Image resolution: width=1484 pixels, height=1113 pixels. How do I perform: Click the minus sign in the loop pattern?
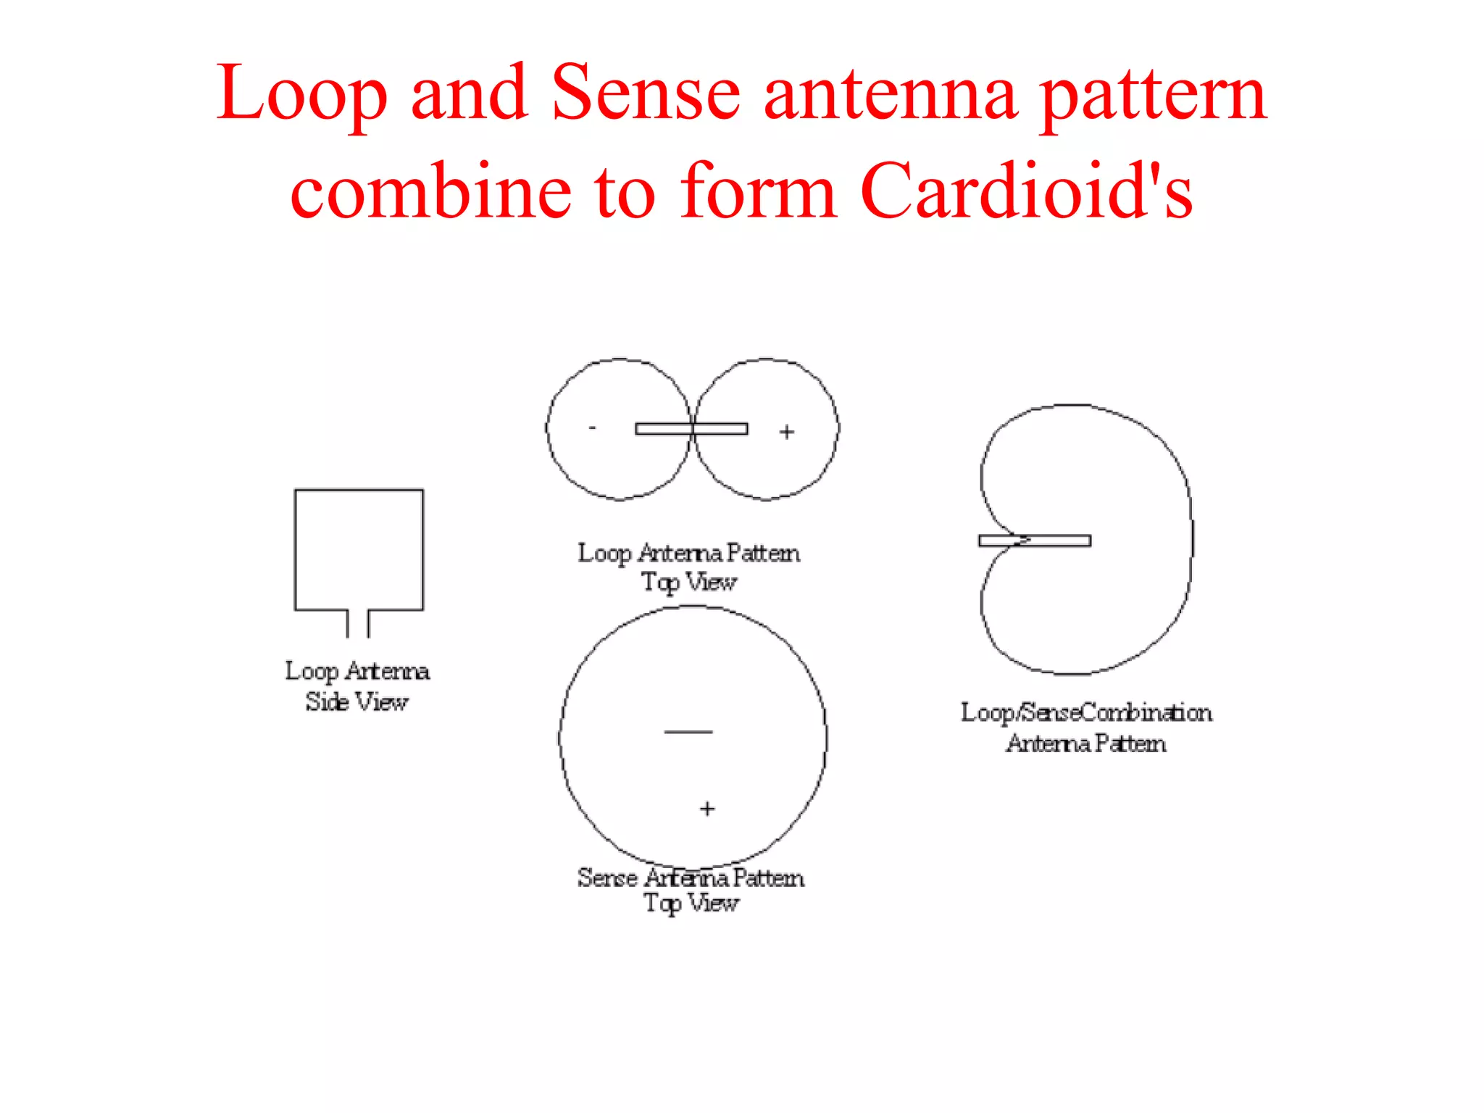[593, 428]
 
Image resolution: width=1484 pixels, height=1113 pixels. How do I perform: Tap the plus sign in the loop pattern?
[787, 432]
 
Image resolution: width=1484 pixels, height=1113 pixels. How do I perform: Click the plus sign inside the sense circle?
[707, 808]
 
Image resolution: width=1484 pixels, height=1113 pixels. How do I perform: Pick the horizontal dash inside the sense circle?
[688, 732]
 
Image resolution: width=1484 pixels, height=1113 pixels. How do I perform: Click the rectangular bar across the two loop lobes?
[691, 429]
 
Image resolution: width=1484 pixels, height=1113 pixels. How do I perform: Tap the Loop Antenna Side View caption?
[357, 686]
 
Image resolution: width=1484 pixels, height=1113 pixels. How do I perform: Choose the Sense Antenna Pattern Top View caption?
[691, 890]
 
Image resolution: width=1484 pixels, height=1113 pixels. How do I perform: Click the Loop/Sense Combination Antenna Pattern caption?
[1086, 728]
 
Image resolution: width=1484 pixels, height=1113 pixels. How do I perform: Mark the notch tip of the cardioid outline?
[1027, 539]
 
